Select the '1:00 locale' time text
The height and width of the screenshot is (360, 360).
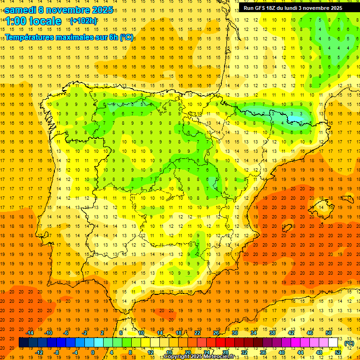(x=33, y=21)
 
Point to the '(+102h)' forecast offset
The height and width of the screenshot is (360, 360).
(x=83, y=21)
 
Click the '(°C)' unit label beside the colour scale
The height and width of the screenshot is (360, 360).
(x=349, y=343)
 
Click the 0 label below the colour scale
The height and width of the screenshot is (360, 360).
(x=93, y=352)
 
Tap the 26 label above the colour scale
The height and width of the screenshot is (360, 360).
(x=216, y=333)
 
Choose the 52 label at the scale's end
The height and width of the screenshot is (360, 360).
(x=338, y=352)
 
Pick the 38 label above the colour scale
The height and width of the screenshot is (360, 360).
(x=272, y=333)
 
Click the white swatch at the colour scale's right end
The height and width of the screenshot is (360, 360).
(x=333, y=343)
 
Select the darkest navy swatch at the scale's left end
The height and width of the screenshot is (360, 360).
(x=23, y=343)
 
